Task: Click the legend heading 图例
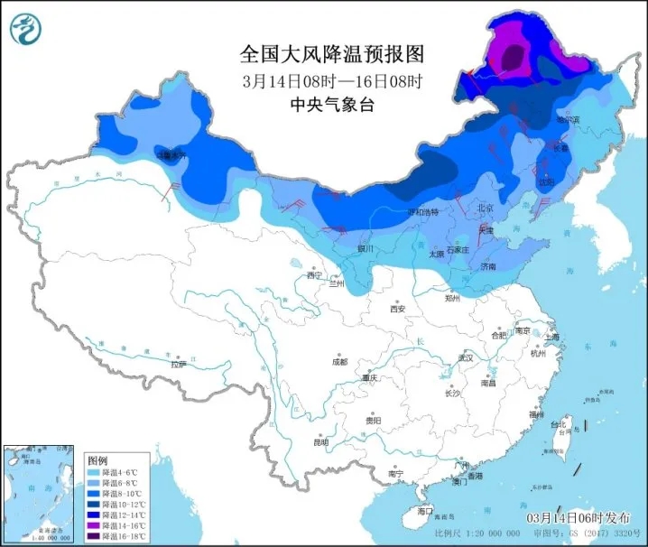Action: [x=97, y=459]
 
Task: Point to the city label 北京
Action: [x=485, y=209]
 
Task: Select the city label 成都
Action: [x=339, y=362]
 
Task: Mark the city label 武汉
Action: [x=466, y=357]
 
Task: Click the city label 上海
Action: [x=552, y=337]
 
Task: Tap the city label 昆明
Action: [x=321, y=441]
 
